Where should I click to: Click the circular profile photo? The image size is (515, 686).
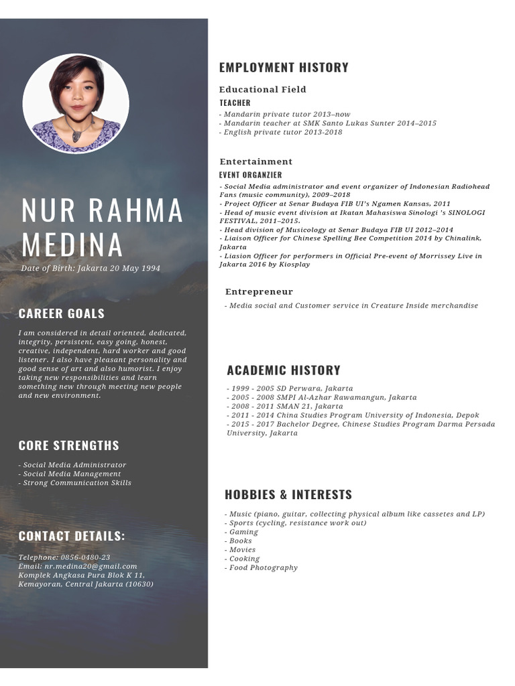(x=76, y=103)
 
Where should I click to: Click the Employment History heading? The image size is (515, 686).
(x=284, y=67)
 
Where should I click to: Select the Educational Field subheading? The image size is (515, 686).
(x=262, y=89)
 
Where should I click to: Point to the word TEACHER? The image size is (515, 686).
(x=235, y=102)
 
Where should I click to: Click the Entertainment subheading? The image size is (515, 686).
(x=255, y=161)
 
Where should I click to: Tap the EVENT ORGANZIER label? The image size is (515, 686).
(x=250, y=175)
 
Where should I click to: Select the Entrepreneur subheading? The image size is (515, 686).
(x=259, y=291)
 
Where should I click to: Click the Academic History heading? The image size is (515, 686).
(x=283, y=370)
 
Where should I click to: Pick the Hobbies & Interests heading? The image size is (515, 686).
(x=288, y=494)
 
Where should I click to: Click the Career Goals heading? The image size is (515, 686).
(x=62, y=313)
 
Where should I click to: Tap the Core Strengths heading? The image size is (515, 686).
(x=68, y=445)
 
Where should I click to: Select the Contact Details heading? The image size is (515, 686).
(x=72, y=535)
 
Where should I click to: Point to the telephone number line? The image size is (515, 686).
(x=64, y=557)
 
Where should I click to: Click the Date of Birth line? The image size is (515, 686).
(x=91, y=268)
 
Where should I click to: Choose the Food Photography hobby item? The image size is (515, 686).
(x=262, y=567)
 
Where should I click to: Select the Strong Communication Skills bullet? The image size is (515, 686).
(x=75, y=482)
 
